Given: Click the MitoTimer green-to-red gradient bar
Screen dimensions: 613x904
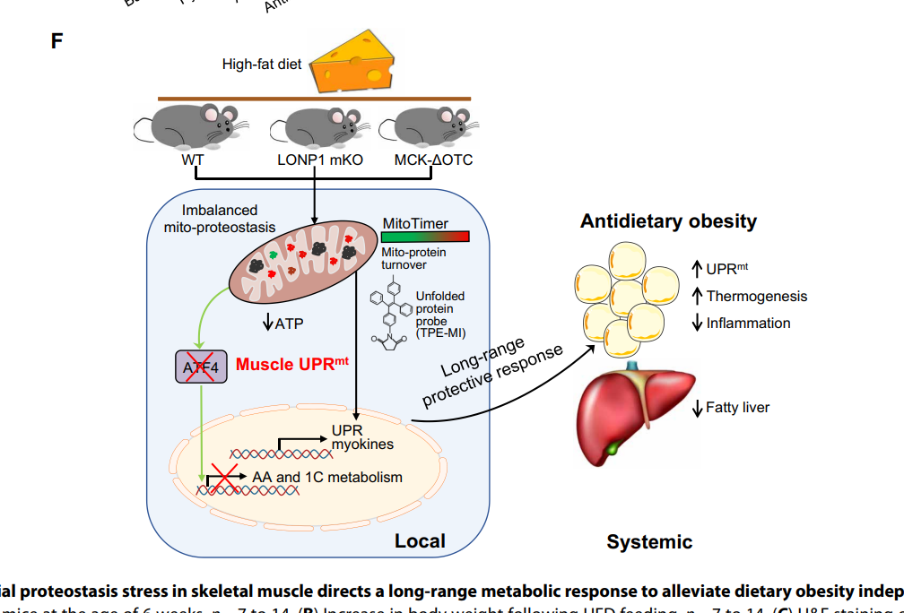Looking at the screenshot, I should (425, 237).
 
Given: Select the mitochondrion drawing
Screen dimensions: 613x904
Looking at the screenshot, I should (300, 261).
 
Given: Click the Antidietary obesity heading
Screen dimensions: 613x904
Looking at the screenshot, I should (668, 220).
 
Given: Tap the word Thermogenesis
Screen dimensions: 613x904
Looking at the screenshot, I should (756, 296).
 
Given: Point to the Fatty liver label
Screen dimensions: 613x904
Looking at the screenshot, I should (737, 408).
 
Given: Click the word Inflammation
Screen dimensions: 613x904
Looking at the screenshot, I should (748, 323).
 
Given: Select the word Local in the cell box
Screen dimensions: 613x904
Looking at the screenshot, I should (420, 540).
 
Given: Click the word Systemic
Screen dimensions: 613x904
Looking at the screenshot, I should (649, 541).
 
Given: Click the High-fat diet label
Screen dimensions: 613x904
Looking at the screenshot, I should (262, 65).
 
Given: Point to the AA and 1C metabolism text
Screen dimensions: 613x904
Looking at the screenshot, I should (326, 477).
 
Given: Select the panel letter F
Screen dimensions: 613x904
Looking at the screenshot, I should (56, 40).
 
